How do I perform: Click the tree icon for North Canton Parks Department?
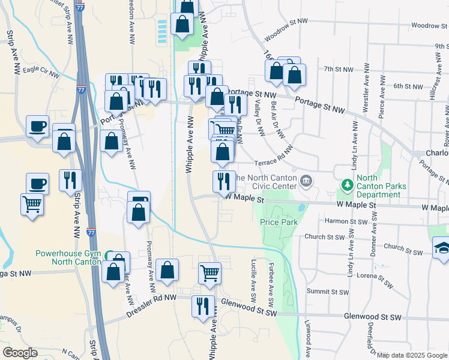(346, 182)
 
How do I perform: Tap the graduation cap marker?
(441, 247)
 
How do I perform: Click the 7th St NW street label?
(337, 69)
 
